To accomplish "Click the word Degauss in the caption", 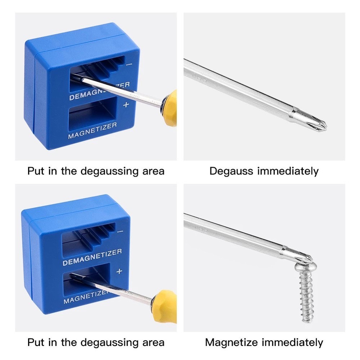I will click(x=231, y=171).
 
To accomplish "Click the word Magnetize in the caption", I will click(x=231, y=342).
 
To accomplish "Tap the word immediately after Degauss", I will click(x=288, y=171).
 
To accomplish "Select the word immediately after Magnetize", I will click(x=292, y=342).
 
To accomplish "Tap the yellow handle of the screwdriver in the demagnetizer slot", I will click(x=170, y=108).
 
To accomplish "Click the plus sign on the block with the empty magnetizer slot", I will click(x=126, y=105).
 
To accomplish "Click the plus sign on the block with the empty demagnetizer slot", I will click(x=120, y=271).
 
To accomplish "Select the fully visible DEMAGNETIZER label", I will click(x=92, y=257).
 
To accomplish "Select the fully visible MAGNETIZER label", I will click(x=93, y=131).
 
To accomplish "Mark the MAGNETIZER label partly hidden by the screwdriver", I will click(x=85, y=297).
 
